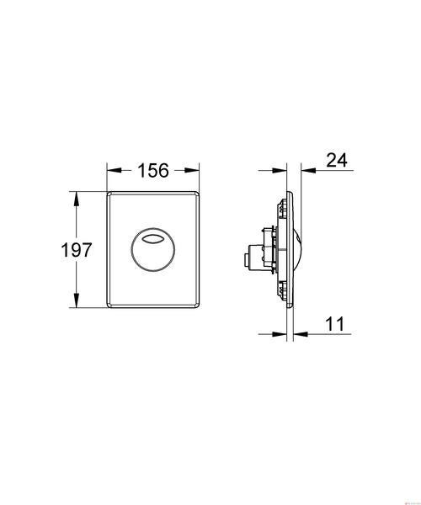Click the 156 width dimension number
153,170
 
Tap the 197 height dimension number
77,250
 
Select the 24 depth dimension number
337,160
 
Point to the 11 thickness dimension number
335,324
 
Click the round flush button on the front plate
152,250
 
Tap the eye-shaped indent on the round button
152,239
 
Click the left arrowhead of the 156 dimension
114,170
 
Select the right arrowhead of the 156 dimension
192,170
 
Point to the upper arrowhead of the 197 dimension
76,199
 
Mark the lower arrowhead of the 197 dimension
76,300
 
